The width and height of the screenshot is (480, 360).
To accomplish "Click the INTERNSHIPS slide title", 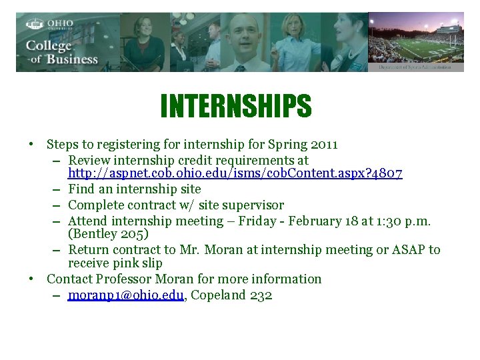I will (235, 105).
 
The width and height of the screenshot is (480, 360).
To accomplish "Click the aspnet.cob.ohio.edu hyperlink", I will (235, 173).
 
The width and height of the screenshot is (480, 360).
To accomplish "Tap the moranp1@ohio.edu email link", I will (125, 295).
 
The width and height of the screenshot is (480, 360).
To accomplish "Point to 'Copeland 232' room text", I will (231, 295).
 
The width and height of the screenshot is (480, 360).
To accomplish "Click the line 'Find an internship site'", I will (134, 189).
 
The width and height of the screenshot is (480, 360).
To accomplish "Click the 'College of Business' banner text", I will (61, 52).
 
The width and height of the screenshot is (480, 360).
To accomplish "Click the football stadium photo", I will (415, 41).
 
